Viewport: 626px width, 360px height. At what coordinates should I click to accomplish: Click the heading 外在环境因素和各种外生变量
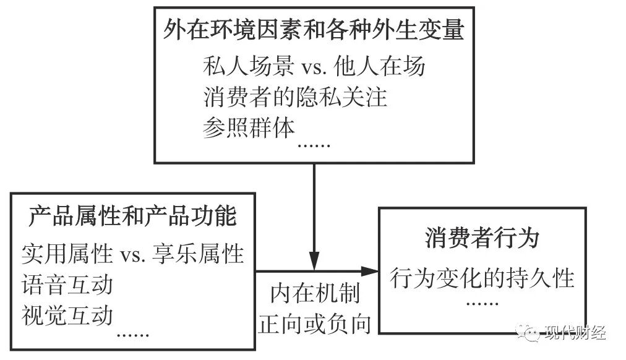(314, 29)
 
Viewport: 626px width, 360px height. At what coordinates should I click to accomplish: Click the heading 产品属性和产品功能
(132, 217)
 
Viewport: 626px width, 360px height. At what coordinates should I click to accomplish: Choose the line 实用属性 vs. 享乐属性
(132, 254)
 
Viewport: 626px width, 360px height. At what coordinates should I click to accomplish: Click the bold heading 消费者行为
(482, 238)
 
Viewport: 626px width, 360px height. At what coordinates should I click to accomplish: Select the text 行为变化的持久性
(482, 278)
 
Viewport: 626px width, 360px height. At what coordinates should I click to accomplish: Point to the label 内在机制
(315, 294)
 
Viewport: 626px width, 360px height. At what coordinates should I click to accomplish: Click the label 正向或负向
(315, 324)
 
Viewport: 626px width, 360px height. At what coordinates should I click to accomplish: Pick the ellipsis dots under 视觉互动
(132, 335)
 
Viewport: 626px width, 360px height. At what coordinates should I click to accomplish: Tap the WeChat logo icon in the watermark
(530, 333)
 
